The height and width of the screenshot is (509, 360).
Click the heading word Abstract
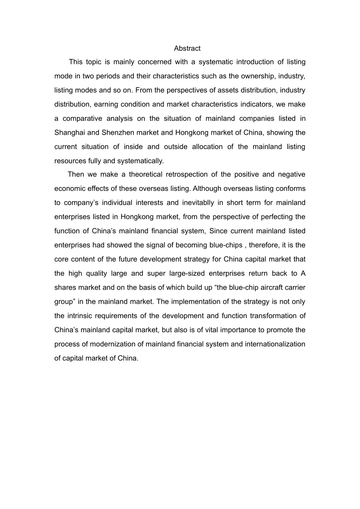click(187, 48)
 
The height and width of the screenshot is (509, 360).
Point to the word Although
click(206, 188)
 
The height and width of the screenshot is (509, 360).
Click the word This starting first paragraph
click(76, 62)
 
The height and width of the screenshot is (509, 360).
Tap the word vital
click(213, 330)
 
